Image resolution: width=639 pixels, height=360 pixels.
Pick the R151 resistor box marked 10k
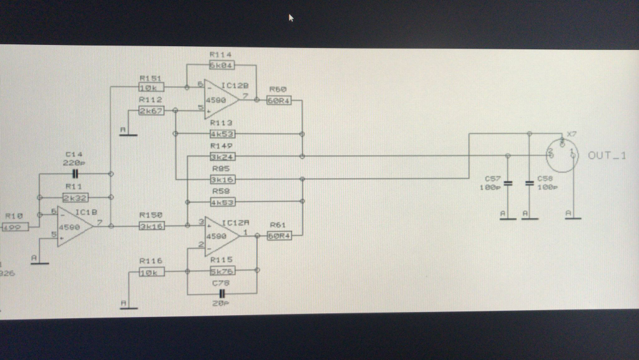click(x=150, y=87)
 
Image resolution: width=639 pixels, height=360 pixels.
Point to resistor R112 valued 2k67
click(x=150, y=110)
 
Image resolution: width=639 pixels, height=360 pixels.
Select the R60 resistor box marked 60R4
click(x=279, y=101)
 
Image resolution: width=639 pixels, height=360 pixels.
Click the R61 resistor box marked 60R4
click(x=279, y=235)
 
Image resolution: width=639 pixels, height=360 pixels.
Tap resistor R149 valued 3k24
click(x=222, y=156)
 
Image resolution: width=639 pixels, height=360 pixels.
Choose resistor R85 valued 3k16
click(x=222, y=179)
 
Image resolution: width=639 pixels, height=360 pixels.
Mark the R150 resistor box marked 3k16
click(x=151, y=226)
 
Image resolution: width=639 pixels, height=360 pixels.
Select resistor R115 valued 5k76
click(x=222, y=270)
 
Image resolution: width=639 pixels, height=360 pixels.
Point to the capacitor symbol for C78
click(x=222, y=293)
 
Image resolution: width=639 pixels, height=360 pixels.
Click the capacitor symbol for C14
click(x=76, y=173)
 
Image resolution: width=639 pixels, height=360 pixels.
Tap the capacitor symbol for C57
click(x=507, y=183)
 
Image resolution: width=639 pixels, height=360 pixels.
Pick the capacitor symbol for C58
click(x=529, y=183)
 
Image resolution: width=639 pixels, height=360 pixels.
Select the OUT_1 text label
click(x=607, y=155)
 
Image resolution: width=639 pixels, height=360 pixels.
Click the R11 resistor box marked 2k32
click(x=76, y=197)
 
